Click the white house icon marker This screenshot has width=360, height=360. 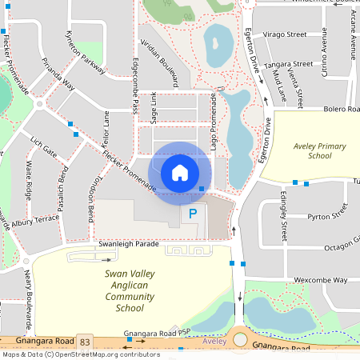point(180,172)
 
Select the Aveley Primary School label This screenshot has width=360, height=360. point(308,151)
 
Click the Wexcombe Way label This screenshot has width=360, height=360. point(320,281)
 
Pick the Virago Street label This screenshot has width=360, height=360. point(285,35)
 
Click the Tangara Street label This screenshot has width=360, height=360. point(290,64)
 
